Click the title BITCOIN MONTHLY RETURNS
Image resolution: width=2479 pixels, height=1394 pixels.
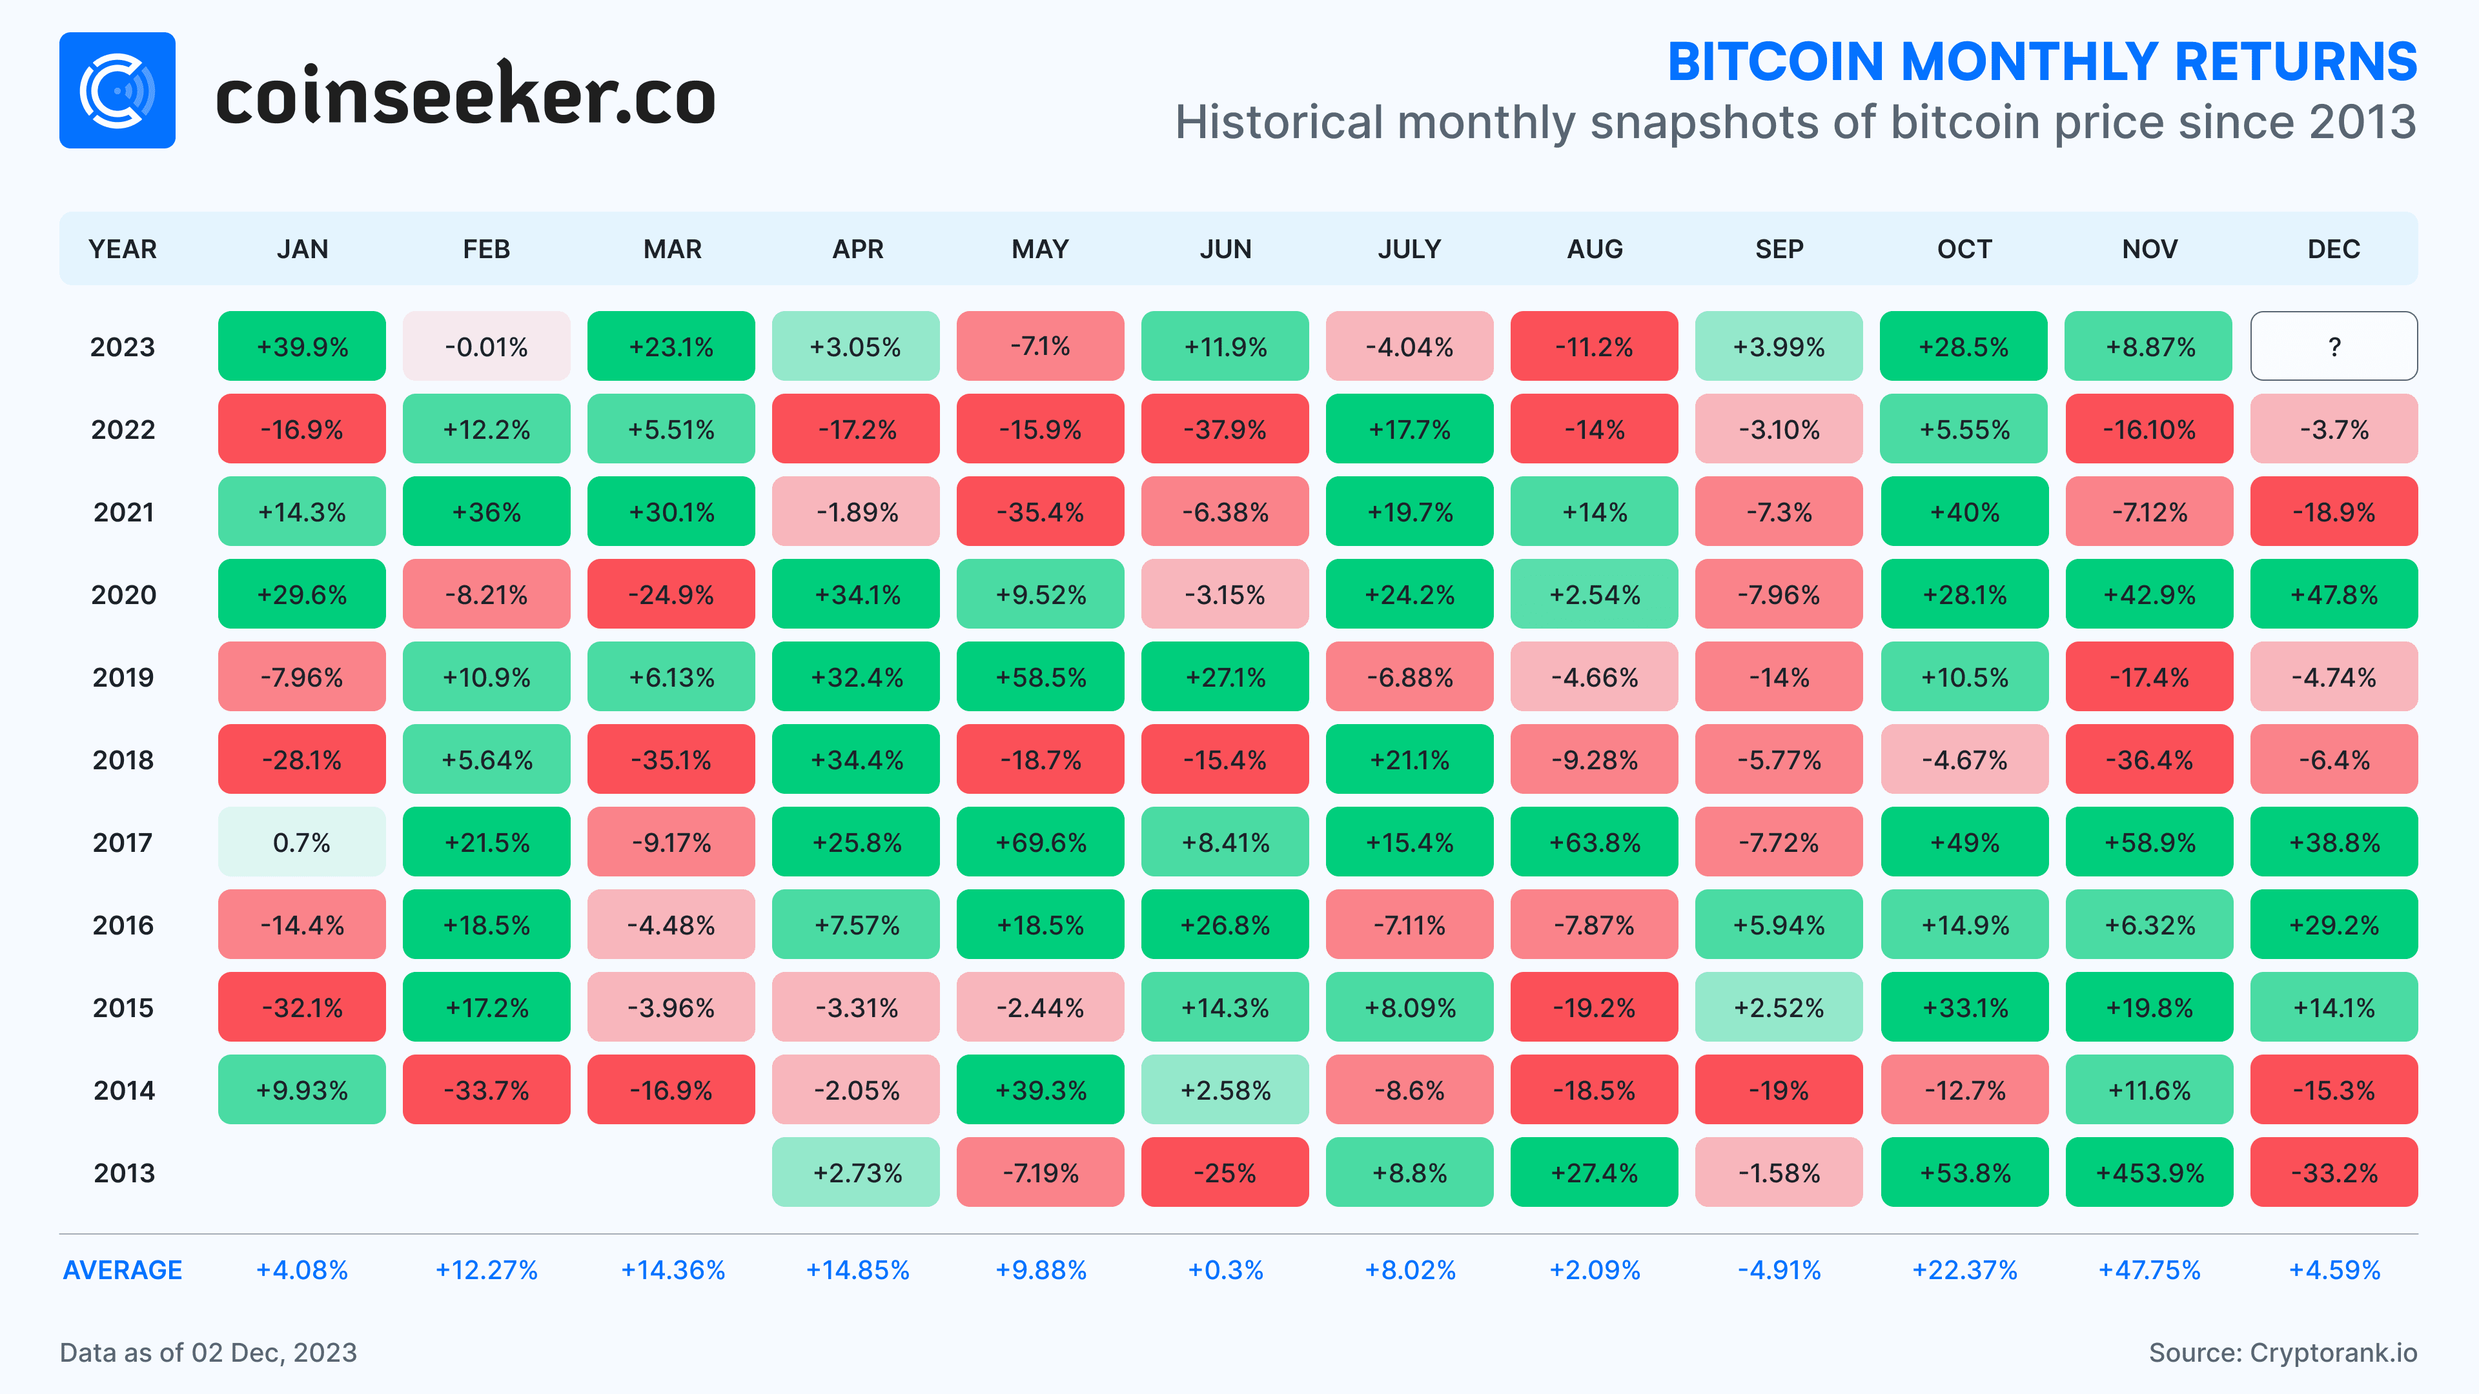2041,63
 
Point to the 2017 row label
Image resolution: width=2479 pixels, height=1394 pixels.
122,843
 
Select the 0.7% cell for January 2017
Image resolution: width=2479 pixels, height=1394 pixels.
301,843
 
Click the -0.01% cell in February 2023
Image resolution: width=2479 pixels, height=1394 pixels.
486,347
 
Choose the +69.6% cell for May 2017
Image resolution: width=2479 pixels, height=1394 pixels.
1039,843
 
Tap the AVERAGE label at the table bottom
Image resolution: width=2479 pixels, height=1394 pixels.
122,1270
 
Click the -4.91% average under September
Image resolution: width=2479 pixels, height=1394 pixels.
1779,1270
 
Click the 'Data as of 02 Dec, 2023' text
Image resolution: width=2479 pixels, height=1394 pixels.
208,1353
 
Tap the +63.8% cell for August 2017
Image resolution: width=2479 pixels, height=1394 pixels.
1594,843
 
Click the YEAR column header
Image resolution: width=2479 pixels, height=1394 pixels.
122,249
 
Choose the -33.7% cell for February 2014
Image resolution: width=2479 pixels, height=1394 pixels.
486,1090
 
